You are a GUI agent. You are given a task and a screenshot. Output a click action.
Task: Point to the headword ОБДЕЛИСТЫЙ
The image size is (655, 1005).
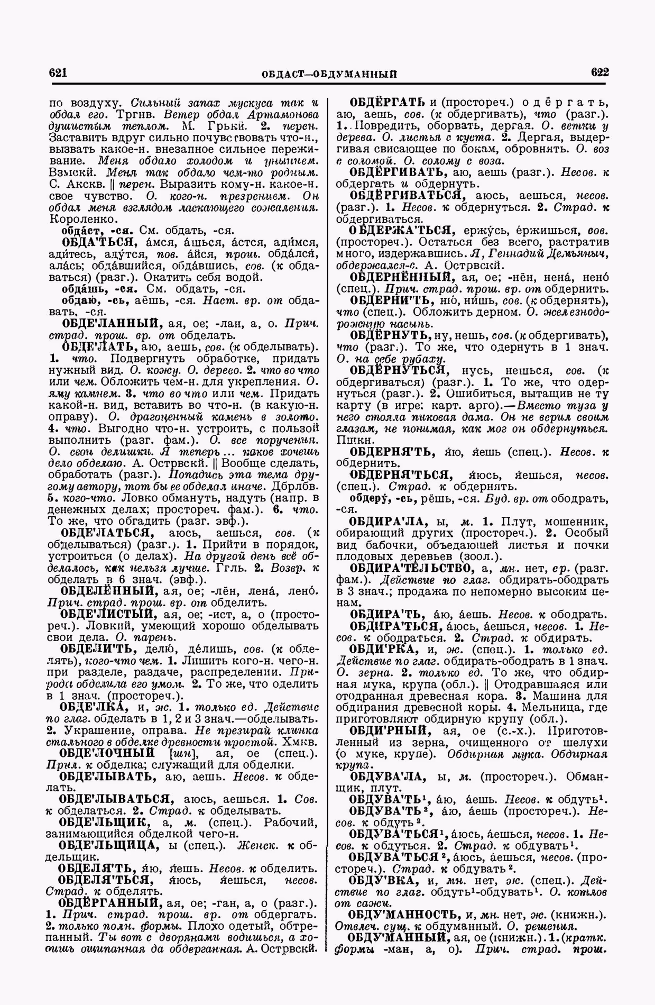click(108, 614)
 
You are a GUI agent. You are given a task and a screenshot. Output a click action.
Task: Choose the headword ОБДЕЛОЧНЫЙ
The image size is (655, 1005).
click(107, 753)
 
